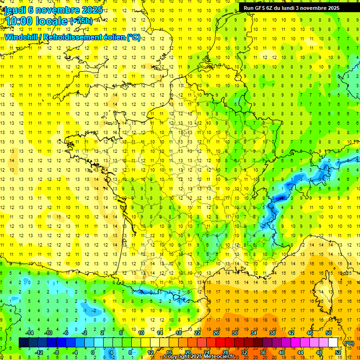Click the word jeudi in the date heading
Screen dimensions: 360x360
15,10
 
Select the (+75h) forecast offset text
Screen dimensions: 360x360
81,21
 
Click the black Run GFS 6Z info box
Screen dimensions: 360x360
295,7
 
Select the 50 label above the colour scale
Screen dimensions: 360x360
328,333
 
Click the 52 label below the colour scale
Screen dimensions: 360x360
338,352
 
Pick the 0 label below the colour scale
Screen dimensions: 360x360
93,352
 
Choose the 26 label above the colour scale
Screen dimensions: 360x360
216,333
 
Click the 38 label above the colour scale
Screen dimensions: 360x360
272,333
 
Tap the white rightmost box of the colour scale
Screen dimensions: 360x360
333,342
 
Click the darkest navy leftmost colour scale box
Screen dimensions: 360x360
23,342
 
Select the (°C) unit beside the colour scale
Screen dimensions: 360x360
349,343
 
